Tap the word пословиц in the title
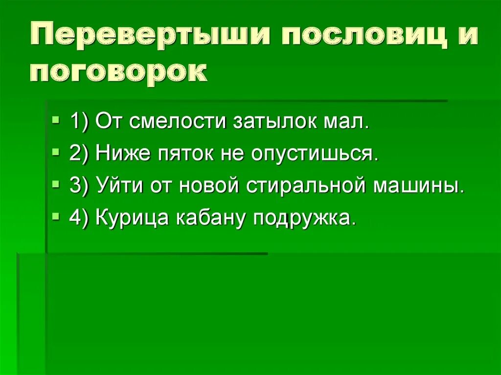point(356,38)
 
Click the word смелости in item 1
point(176,121)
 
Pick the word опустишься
point(315,154)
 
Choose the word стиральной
point(306,186)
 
